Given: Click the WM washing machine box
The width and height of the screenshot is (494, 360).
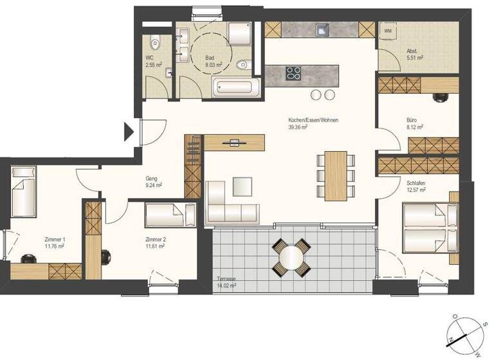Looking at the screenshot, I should (388, 30).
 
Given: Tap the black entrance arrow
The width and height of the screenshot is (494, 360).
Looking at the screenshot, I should (129, 133).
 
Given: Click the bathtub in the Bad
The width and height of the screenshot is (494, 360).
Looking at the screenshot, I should (237, 88).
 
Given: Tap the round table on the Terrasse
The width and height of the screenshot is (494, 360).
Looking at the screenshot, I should (291, 256).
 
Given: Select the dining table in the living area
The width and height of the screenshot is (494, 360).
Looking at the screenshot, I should (335, 175).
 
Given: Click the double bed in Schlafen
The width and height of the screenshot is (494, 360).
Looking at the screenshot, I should (429, 229).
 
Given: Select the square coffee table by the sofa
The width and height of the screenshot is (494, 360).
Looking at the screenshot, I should (243, 186).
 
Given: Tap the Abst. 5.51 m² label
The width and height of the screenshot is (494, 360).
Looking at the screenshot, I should (414, 55).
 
